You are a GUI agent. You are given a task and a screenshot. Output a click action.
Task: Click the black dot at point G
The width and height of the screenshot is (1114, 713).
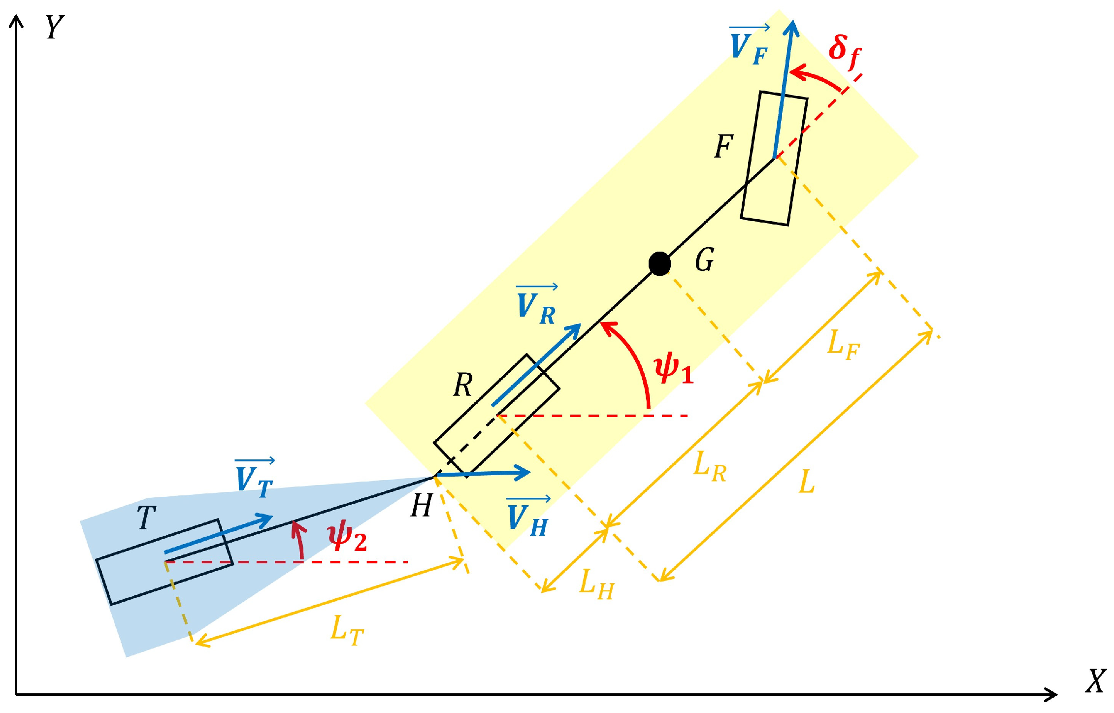659,264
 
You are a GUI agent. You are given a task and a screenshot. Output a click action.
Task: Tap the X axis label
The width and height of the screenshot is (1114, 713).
1096,681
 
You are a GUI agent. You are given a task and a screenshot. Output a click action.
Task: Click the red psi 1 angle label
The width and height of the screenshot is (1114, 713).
674,370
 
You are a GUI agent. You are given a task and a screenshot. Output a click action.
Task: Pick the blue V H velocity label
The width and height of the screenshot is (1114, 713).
528,517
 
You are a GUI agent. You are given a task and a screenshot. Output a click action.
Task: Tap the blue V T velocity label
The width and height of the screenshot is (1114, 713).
254,478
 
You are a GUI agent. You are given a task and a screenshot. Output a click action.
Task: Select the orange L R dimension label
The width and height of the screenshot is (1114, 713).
710,467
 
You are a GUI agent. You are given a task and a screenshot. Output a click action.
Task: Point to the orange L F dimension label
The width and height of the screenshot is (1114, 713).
844,345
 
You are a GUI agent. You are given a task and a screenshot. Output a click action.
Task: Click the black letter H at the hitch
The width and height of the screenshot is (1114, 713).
421,505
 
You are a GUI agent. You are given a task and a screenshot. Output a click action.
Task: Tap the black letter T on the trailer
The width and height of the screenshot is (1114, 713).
146,517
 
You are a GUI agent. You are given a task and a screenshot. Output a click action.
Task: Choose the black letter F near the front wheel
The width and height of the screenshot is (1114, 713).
724,146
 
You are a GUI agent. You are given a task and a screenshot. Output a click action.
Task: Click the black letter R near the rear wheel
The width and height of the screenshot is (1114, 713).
463,385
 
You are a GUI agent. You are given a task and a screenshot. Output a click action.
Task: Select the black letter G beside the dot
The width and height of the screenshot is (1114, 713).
705,259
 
